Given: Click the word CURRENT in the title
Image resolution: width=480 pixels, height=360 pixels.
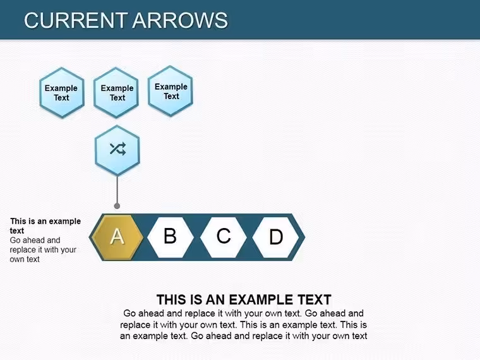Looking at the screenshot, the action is pos(76,20).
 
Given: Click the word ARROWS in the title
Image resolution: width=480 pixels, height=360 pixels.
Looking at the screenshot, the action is pos(180,20).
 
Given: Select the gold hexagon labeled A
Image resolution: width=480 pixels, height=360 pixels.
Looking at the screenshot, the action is pos(117,237).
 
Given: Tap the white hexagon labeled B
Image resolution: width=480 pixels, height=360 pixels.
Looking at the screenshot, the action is pos(171,237).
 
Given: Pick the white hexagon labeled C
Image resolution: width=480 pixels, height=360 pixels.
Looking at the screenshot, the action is pos(224,237).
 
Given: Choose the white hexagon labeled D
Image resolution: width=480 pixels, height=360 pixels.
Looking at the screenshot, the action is pos(276,237).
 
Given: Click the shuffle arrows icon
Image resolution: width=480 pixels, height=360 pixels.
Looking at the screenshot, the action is pos(117,149).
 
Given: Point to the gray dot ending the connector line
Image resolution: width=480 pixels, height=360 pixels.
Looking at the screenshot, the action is pos(117,206).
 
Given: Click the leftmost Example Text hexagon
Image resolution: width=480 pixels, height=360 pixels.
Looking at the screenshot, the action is pos(62,93).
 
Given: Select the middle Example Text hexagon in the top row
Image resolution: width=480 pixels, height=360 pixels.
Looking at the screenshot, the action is pos(116,93).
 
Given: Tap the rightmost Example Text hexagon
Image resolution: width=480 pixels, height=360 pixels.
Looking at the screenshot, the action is pos(171,91).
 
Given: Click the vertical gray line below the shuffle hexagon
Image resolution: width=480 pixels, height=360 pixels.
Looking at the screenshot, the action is pos(117,190).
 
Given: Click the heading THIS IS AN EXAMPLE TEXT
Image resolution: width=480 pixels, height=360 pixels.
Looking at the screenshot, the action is pos(244,300).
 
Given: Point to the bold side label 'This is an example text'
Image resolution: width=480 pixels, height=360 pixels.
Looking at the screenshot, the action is pos(45,226).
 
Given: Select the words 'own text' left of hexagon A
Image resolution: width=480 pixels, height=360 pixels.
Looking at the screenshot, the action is pos(25,260).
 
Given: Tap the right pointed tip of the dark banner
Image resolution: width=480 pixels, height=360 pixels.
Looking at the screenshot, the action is pos(305,237).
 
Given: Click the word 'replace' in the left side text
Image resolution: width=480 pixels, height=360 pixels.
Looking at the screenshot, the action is pos(22,250).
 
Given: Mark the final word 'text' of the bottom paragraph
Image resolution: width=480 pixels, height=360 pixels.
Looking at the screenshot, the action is pos(359,336).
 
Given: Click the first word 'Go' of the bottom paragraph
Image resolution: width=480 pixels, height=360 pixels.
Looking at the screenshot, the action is pos(129,313).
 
